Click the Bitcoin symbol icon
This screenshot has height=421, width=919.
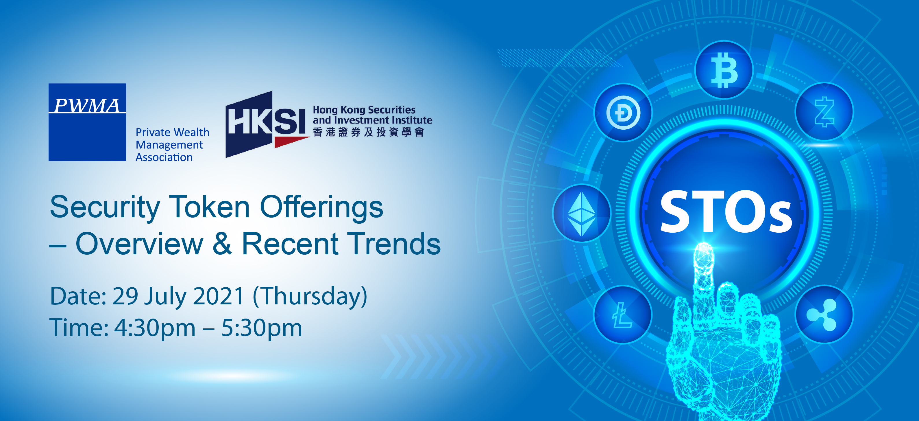click(x=724, y=70)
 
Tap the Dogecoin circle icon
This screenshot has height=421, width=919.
click(x=623, y=113)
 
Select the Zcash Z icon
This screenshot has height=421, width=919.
click(x=824, y=112)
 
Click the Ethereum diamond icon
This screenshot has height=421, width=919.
click(x=582, y=214)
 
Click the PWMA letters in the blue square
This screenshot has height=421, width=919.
click(x=87, y=105)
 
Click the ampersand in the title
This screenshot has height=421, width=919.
click(x=222, y=244)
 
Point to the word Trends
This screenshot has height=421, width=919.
click(x=395, y=244)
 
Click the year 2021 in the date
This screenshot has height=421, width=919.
click(x=218, y=296)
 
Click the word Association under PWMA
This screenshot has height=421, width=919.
click(x=164, y=157)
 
